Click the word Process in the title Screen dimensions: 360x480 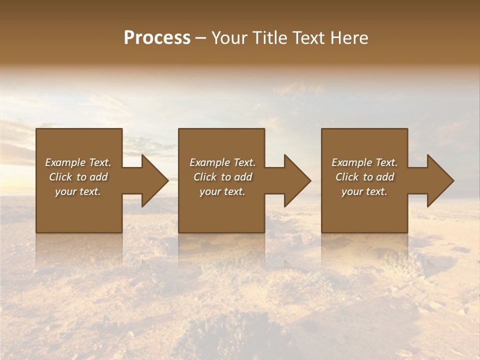157,37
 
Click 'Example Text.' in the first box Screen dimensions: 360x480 78,162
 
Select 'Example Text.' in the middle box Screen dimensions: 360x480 222,162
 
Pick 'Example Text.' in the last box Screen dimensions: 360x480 364,162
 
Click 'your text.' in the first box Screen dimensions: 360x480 78,191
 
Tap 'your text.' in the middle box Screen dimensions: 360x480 222,191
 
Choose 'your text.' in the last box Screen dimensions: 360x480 364,191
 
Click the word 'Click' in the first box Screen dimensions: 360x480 60,177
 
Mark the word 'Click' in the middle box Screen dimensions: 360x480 205,177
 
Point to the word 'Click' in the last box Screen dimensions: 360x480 347,177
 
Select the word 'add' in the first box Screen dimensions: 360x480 98,177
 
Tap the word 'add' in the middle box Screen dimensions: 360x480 243,177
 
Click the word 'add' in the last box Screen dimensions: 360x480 385,177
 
